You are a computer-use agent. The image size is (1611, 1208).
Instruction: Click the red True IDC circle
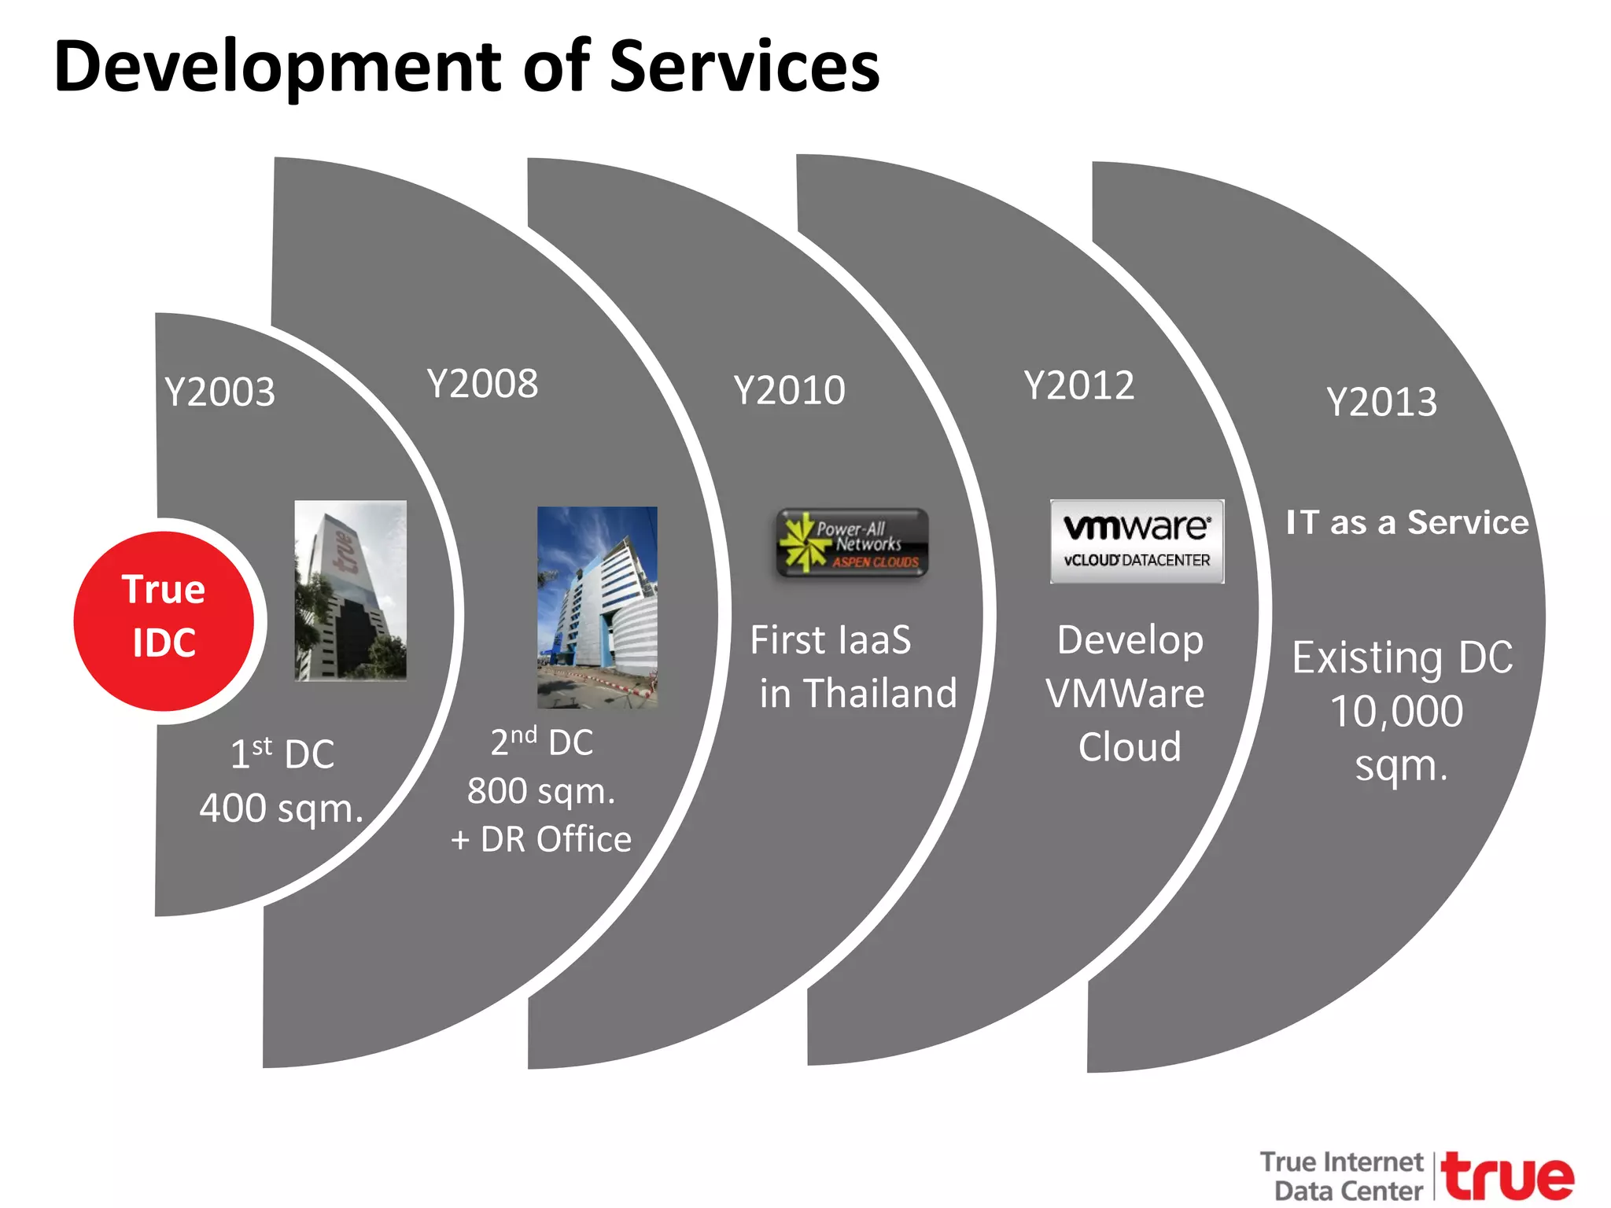[164, 620]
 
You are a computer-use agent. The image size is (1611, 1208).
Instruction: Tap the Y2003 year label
[220, 392]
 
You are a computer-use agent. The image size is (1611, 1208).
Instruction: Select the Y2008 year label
[482, 384]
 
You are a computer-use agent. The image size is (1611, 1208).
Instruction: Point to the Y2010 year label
[789, 390]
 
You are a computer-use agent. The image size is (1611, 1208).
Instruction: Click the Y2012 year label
[1079, 385]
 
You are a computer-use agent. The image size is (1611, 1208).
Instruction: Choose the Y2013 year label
[1381, 402]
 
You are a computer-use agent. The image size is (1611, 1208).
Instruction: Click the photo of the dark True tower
[351, 590]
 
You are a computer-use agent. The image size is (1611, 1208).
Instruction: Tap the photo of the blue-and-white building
[597, 606]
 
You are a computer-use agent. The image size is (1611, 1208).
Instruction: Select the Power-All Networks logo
[852, 543]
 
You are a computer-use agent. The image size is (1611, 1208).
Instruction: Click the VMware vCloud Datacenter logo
[1137, 541]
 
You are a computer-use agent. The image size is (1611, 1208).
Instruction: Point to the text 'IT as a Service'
[1406, 523]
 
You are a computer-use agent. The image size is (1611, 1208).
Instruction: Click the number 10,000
[1396, 712]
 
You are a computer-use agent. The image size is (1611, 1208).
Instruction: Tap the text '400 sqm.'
[281, 808]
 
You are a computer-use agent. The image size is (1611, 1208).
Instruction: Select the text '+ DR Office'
[541, 840]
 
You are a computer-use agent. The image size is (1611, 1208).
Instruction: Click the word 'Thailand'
[880, 694]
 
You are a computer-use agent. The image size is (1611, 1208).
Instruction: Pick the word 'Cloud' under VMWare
[1130, 747]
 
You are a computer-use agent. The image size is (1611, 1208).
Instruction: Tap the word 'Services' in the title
[744, 68]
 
